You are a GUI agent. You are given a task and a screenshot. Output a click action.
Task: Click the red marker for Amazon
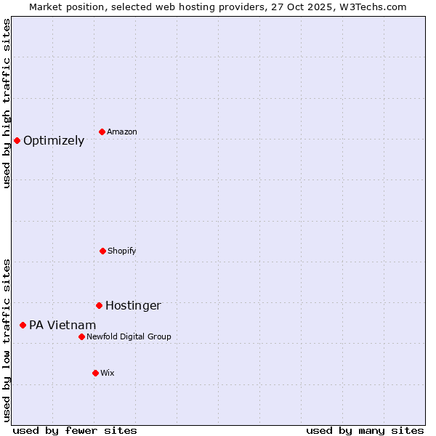102,132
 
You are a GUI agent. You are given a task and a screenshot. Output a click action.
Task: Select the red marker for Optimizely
17,140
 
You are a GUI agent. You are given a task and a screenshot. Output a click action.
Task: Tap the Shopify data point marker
102,251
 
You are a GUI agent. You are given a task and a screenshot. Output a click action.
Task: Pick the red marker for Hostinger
99,305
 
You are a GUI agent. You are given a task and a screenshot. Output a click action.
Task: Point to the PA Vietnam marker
23,325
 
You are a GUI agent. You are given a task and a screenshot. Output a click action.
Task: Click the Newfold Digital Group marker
81,336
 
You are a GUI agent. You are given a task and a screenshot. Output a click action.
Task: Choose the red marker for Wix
95,373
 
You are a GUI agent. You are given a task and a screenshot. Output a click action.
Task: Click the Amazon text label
122,132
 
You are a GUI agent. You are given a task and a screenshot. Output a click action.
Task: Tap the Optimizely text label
54,141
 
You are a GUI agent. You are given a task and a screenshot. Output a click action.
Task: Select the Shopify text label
122,251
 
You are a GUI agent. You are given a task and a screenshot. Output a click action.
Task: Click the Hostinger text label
133,306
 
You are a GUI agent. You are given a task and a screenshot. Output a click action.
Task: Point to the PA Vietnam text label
62,326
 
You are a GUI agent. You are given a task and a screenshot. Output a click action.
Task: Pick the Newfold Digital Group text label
129,337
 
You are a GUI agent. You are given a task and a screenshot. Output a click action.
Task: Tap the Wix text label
108,374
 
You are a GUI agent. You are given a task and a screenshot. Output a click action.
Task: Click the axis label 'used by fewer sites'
75,431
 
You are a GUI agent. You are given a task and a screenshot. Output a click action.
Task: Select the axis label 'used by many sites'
365,431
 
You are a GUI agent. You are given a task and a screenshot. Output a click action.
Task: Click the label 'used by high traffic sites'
7,103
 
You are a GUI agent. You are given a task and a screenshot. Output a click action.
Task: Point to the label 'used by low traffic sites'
7,340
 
